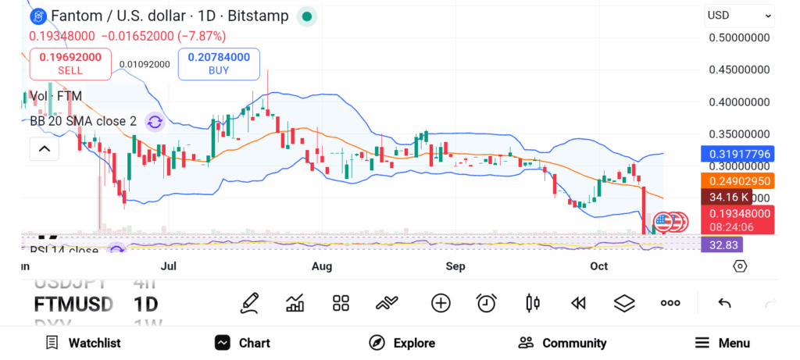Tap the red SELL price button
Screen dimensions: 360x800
click(70, 63)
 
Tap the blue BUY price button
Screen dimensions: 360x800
click(219, 63)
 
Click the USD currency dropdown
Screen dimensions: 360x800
click(739, 15)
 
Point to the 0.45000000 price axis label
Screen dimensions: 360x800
click(739, 70)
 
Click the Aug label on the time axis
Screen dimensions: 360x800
click(322, 266)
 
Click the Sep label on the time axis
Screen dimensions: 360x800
click(455, 266)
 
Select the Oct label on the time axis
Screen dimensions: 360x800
click(599, 266)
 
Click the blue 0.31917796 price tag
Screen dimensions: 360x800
click(739, 154)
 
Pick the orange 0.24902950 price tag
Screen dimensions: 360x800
click(739, 181)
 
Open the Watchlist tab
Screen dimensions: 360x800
click(83, 343)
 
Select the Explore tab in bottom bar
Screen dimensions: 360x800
click(402, 343)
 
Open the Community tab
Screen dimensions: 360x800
click(562, 343)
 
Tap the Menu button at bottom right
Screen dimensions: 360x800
click(723, 343)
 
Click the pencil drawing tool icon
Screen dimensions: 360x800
click(249, 303)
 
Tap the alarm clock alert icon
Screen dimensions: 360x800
click(487, 303)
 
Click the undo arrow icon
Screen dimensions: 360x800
click(724, 303)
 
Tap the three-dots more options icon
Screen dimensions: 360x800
click(670, 303)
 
